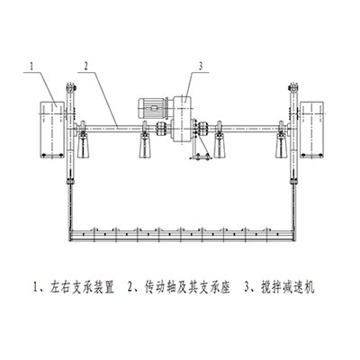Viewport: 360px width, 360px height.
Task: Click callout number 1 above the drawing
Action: (x=31, y=67)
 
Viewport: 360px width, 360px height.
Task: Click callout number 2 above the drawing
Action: (x=86, y=67)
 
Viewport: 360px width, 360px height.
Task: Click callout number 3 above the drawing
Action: (x=201, y=67)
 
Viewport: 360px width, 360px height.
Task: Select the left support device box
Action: (x=52, y=129)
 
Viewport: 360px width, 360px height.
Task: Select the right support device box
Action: (x=312, y=129)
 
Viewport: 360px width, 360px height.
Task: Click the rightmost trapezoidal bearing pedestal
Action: (x=282, y=146)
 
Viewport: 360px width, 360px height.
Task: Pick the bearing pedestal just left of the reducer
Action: (x=145, y=146)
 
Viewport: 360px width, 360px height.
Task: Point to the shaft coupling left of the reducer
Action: (x=161, y=130)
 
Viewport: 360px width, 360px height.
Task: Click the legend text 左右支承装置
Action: (x=80, y=287)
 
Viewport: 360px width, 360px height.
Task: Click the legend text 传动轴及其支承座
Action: (x=187, y=287)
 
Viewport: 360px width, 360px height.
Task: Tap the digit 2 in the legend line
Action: (x=130, y=287)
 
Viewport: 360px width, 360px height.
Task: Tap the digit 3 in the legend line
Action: (x=247, y=287)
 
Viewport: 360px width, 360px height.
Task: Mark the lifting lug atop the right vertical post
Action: (x=292, y=87)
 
